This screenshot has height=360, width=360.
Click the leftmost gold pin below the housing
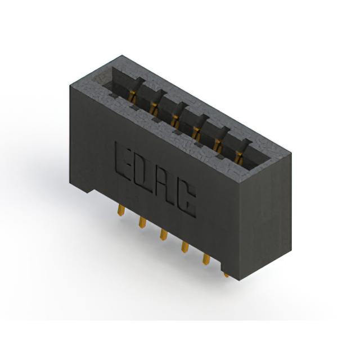pos(121,210)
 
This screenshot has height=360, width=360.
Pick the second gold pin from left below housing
pos(142,223)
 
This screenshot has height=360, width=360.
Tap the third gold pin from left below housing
pos(164,235)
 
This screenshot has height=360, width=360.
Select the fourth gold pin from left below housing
pos(185,247)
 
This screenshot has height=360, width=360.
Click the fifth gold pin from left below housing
pos(206,259)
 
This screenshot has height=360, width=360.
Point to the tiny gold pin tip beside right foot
pos(226,275)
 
